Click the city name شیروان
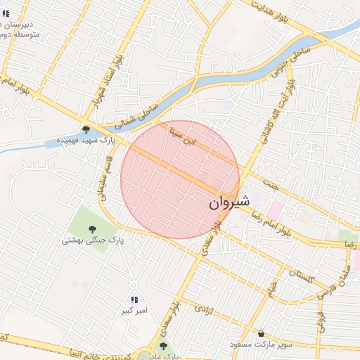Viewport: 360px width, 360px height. pos(229,202)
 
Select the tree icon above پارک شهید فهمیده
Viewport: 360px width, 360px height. pos(86,129)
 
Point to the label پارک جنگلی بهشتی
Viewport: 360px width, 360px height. pos(92,240)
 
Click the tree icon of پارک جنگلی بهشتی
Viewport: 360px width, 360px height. pos(92,228)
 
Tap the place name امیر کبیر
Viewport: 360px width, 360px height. pos(134,310)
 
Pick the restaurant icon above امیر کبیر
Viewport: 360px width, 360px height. pos(134,300)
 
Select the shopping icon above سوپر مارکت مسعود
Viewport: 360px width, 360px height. pos(262,333)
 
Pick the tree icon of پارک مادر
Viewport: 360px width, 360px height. pos(164,346)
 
